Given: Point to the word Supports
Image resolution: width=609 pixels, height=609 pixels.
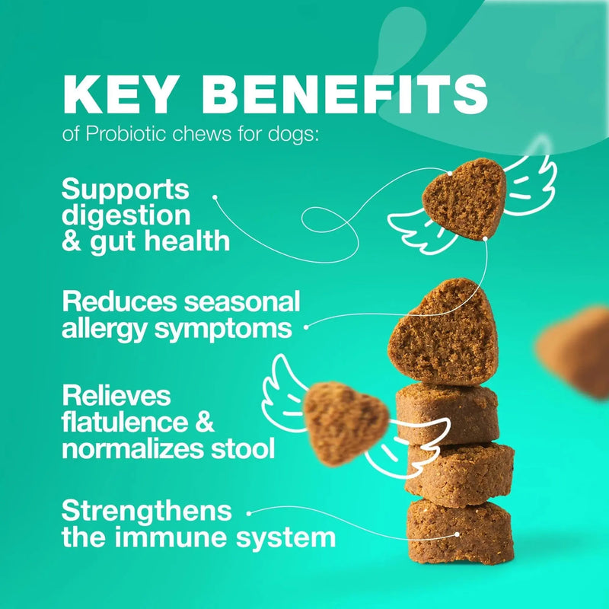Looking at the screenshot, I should (x=126, y=189).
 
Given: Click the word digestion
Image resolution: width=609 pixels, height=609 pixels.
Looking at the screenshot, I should (x=126, y=215).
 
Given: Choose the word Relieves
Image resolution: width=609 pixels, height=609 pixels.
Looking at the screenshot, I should (x=116, y=396).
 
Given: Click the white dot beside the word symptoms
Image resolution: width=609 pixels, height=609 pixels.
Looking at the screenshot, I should (x=307, y=328).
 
